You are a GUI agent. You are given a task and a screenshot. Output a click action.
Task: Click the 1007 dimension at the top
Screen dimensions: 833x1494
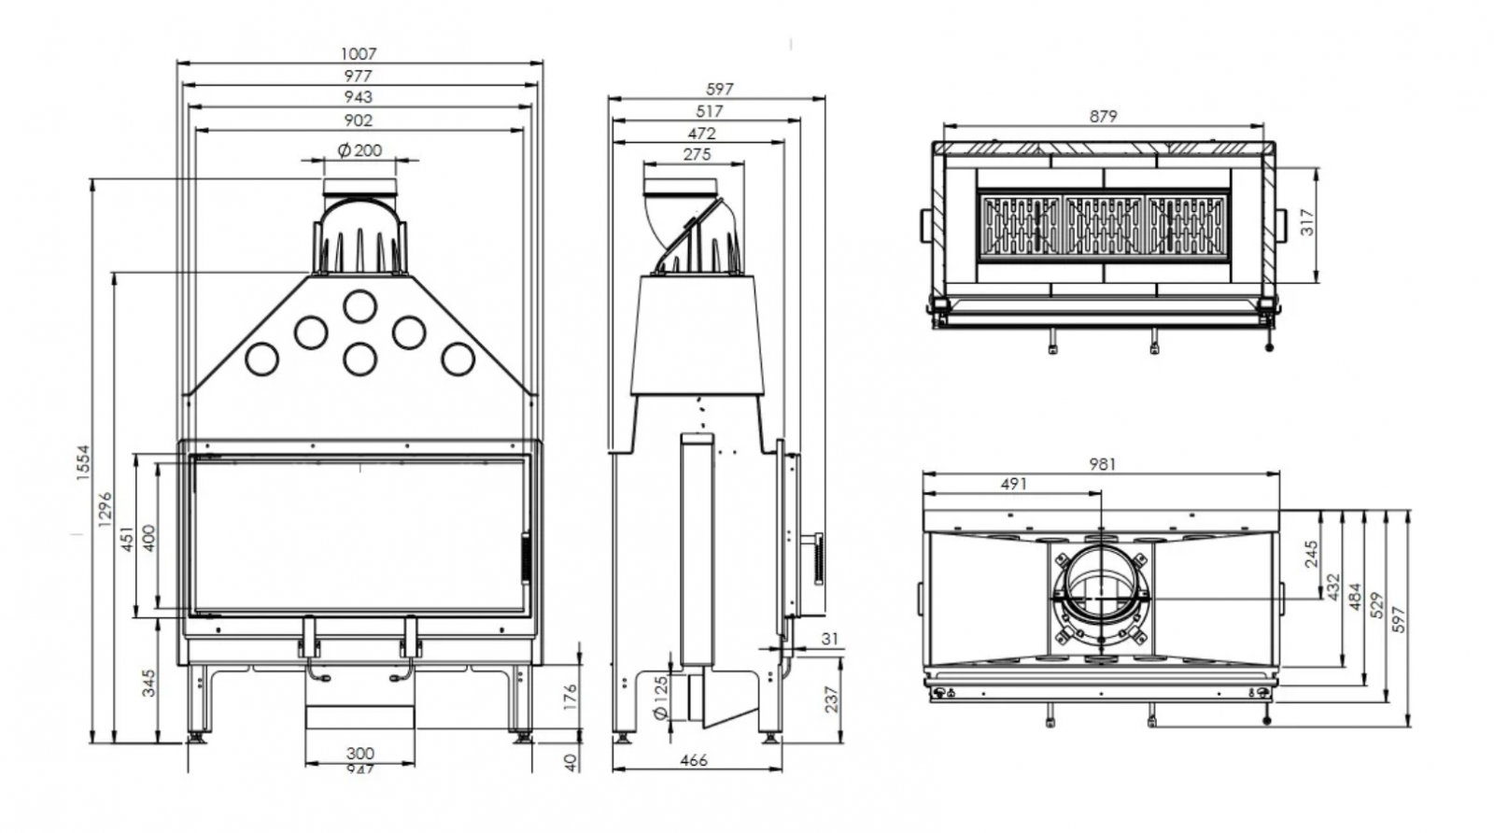359,54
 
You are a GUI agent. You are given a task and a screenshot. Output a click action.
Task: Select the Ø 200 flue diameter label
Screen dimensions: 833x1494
359,150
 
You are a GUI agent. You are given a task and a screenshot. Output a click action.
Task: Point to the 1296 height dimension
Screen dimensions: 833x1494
105,509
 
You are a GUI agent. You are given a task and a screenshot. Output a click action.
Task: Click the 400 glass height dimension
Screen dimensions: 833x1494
148,537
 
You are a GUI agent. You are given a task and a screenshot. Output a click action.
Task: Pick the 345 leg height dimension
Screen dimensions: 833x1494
148,683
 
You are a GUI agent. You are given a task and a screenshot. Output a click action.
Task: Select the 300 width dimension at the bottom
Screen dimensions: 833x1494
359,753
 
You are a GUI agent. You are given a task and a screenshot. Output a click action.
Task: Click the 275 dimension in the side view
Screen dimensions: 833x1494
697,154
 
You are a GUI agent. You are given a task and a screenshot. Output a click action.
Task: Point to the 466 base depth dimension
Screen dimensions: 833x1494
694,760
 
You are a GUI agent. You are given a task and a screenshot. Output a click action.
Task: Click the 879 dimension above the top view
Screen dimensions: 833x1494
1103,117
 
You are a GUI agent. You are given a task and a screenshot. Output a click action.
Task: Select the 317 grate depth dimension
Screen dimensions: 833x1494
1307,221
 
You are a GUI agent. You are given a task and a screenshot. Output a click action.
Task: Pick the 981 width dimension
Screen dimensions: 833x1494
1103,463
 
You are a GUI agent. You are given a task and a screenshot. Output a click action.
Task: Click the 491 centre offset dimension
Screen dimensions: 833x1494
1013,484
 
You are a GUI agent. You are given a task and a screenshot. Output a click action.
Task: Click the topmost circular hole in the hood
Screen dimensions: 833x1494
359,305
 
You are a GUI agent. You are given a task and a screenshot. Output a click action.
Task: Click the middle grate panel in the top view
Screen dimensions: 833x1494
1104,225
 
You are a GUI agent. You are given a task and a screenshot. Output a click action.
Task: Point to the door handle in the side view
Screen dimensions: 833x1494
817,558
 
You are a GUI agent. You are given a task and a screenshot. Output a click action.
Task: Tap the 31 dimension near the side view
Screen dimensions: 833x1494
830,639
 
